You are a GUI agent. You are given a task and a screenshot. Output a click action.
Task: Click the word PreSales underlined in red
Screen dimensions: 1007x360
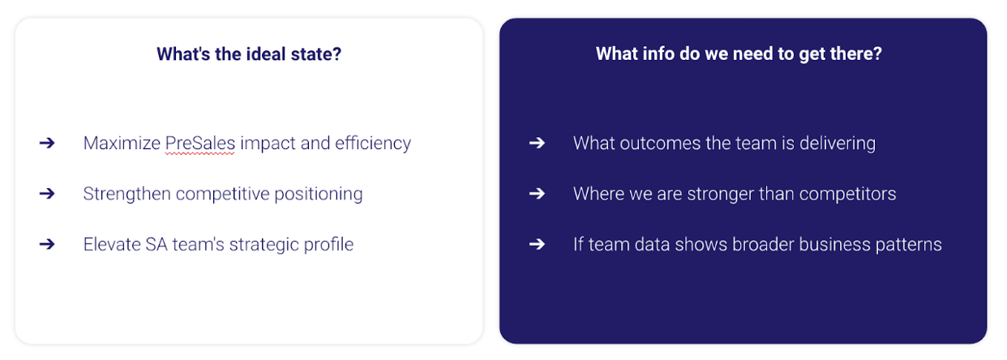200,144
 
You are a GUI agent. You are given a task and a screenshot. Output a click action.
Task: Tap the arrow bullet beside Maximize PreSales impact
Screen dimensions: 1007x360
47,144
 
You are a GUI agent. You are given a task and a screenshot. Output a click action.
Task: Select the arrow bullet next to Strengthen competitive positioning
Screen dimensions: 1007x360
47,194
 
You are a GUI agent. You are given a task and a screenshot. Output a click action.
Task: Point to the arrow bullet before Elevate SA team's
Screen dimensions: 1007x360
47,245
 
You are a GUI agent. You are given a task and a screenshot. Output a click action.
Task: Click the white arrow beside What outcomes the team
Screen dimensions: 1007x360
538,144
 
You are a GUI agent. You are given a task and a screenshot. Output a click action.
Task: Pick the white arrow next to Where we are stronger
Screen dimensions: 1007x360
538,194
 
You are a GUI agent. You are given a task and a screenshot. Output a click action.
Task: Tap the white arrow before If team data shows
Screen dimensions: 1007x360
538,245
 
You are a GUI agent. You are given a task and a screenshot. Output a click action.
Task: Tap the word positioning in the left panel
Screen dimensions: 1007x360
319,195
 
